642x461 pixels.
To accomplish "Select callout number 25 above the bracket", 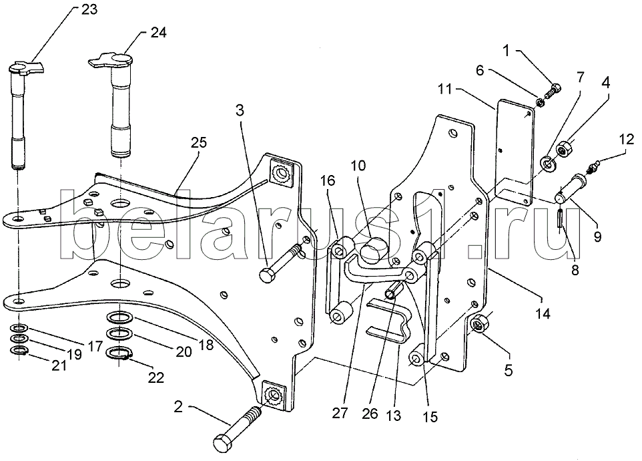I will (199, 142).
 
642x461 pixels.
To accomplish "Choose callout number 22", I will (155, 377).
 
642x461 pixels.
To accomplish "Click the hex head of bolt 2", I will (225, 443).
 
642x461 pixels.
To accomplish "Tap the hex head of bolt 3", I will (268, 275).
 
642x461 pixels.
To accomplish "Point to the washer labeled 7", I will (547, 162).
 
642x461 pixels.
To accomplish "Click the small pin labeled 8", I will (560, 219).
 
